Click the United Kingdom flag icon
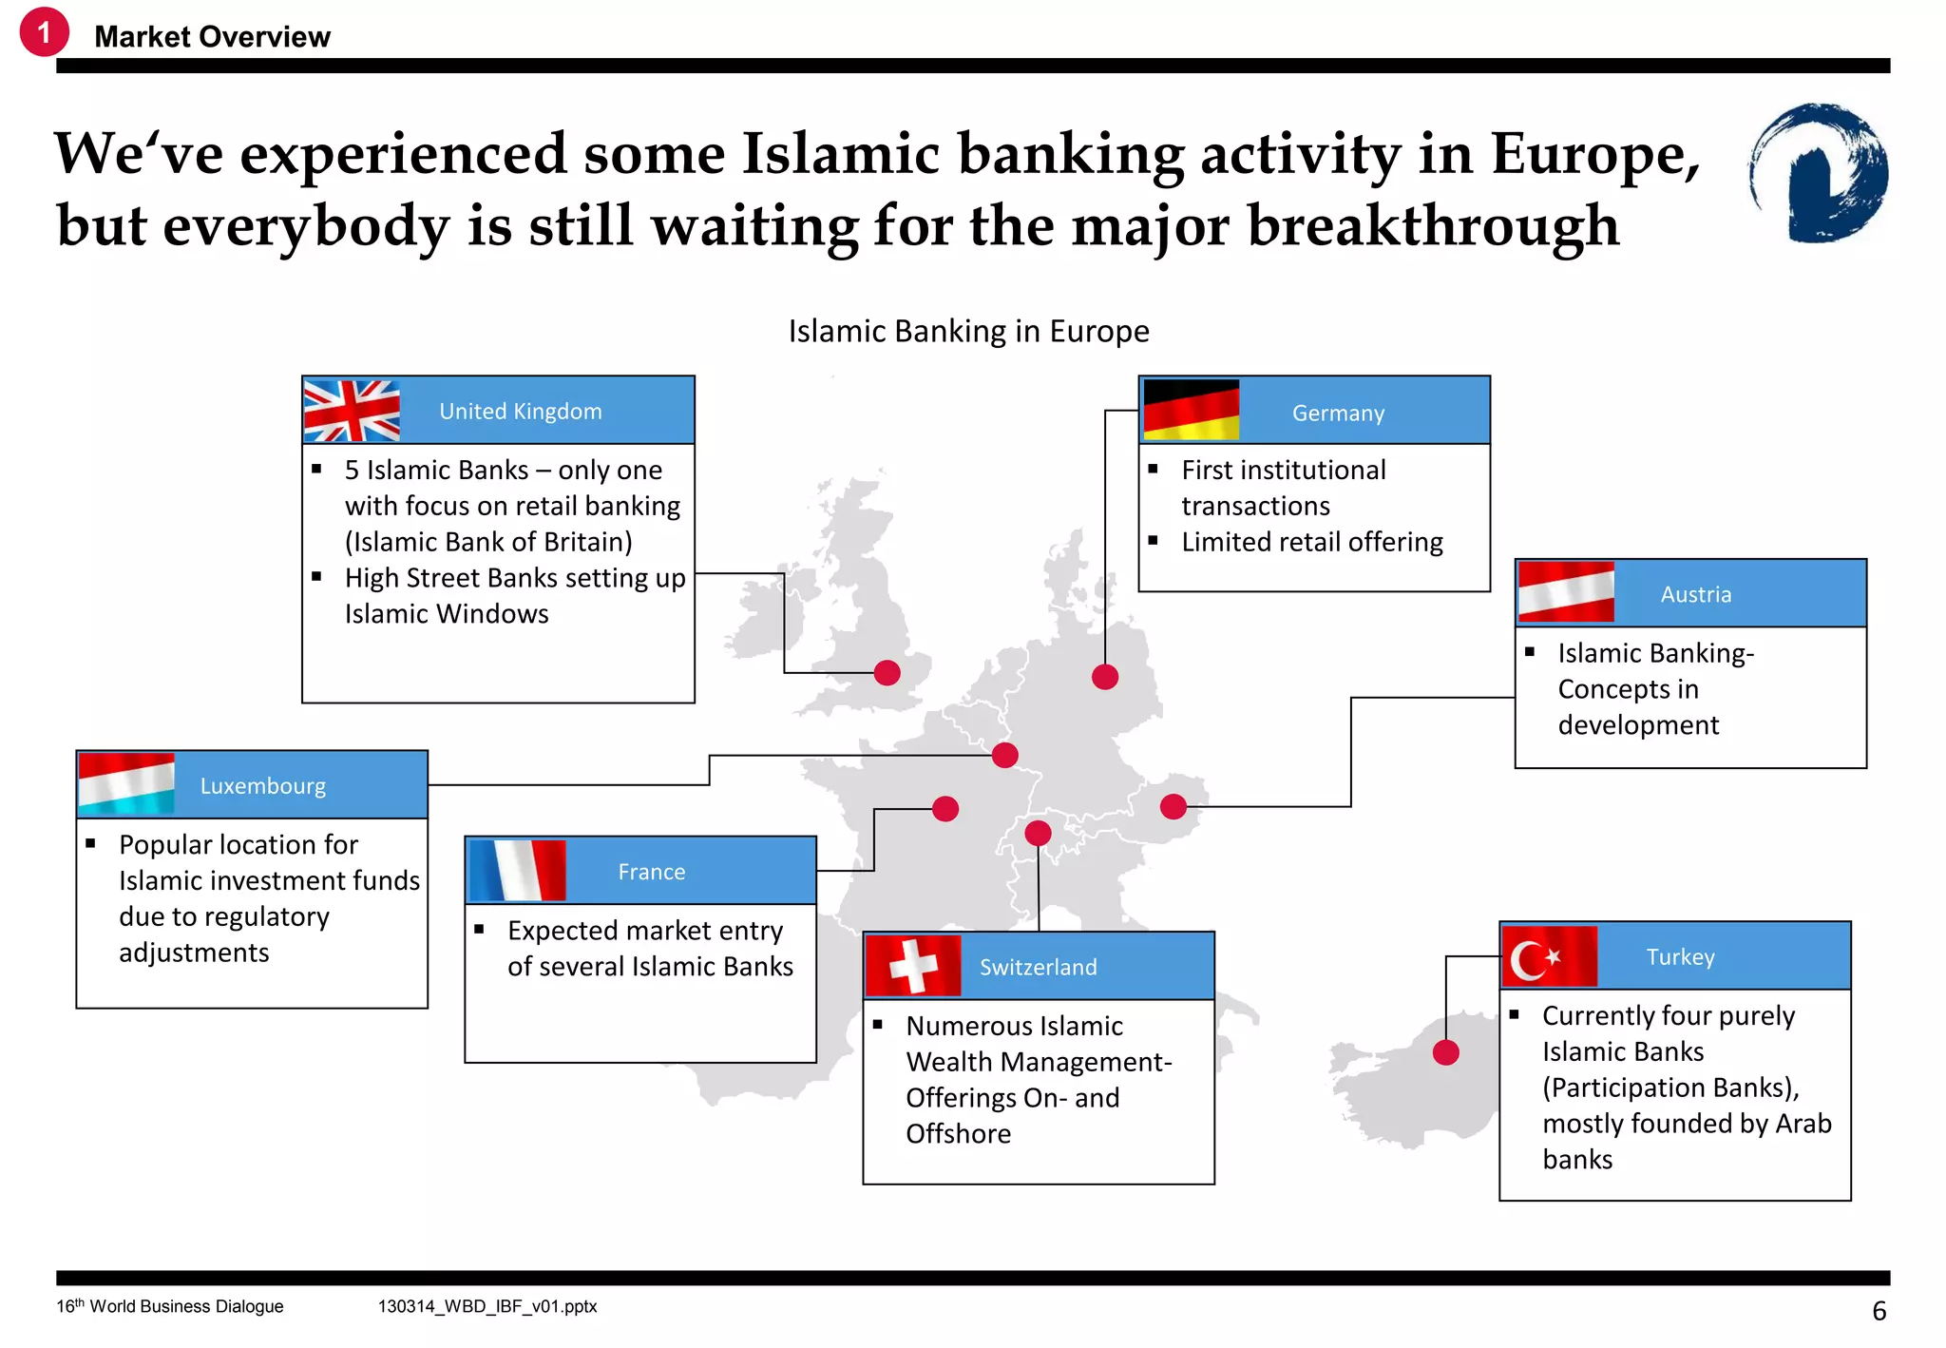pos(352,411)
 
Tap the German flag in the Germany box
pos(1191,411)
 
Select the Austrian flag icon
pos(1566,592)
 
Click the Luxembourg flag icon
pos(126,784)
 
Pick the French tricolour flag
pos(517,870)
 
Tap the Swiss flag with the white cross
pos(913,966)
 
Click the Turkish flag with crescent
pos(1549,956)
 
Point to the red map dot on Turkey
pos(1445,1052)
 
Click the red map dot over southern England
pos(887,672)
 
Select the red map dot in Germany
pos(1104,677)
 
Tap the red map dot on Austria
pos(1173,807)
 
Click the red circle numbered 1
pos(44,32)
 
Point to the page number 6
pos(1879,1311)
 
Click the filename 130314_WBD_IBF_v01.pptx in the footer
pos(487,1306)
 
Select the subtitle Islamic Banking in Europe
pos(968,331)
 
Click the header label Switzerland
pos(1038,967)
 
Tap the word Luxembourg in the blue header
pos(262,786)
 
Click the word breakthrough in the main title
pos(1433,226)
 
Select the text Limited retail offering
pos(1311,542)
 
